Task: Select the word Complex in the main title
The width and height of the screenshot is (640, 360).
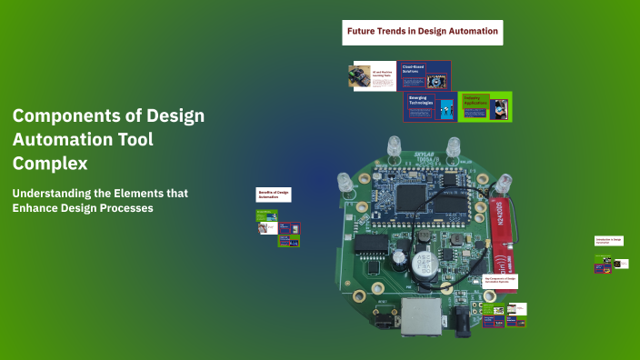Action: pyautogui.click(x=50, y=164)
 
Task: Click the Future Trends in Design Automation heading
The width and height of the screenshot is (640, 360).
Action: pyautogui.click(x=423, y=32)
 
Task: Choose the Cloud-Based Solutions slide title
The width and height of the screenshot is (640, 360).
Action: pyautogui.click(x=414, y=69)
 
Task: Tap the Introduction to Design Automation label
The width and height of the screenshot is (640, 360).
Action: pyautogui.click(x=609, y=241)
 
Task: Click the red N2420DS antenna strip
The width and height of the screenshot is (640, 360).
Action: pyautogui.click(x=498, y=218)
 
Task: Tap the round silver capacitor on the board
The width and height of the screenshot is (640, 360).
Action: pyautogui.click(x=419, y=265)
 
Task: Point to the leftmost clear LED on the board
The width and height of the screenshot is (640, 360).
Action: pyautogui.click(x=345, y=183)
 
